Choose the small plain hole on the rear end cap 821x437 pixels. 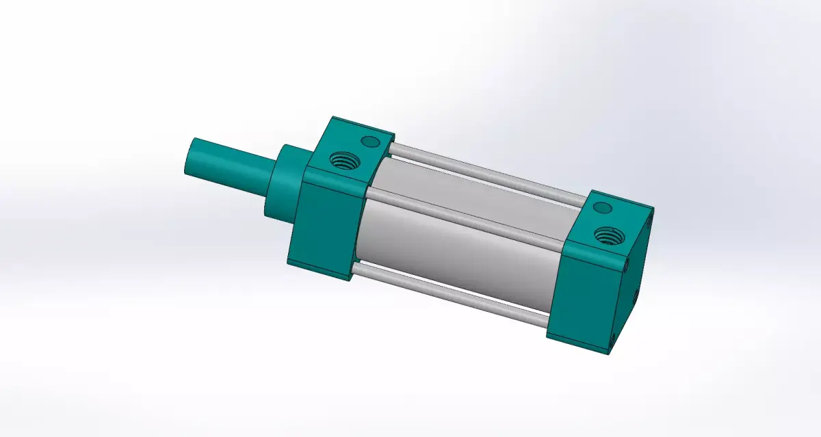[602, 207]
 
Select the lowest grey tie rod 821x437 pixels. [452, 295]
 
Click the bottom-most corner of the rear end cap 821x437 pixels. [608, 353]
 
